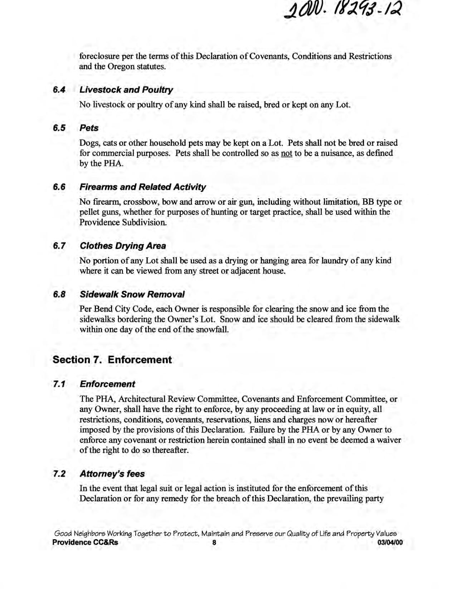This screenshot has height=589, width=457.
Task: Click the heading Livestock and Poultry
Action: [126, 90]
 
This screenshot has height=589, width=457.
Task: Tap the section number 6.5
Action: [59, 128]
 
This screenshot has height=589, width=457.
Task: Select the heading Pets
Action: [89, 128]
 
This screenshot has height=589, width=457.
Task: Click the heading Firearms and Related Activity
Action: [142, 187]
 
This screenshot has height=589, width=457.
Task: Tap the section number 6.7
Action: [59, 246]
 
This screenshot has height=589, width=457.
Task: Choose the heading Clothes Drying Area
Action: [123, 246]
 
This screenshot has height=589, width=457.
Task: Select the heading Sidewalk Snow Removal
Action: [132, 294]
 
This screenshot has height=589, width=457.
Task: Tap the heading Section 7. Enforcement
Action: [112, 360]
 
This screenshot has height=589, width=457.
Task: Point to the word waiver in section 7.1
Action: [389, 440]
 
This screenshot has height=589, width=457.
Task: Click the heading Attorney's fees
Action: [112, 474]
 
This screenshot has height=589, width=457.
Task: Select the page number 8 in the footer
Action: [214, 542]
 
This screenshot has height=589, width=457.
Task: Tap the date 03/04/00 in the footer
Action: [390, 542]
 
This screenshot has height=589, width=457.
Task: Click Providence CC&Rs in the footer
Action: [85, 542]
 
